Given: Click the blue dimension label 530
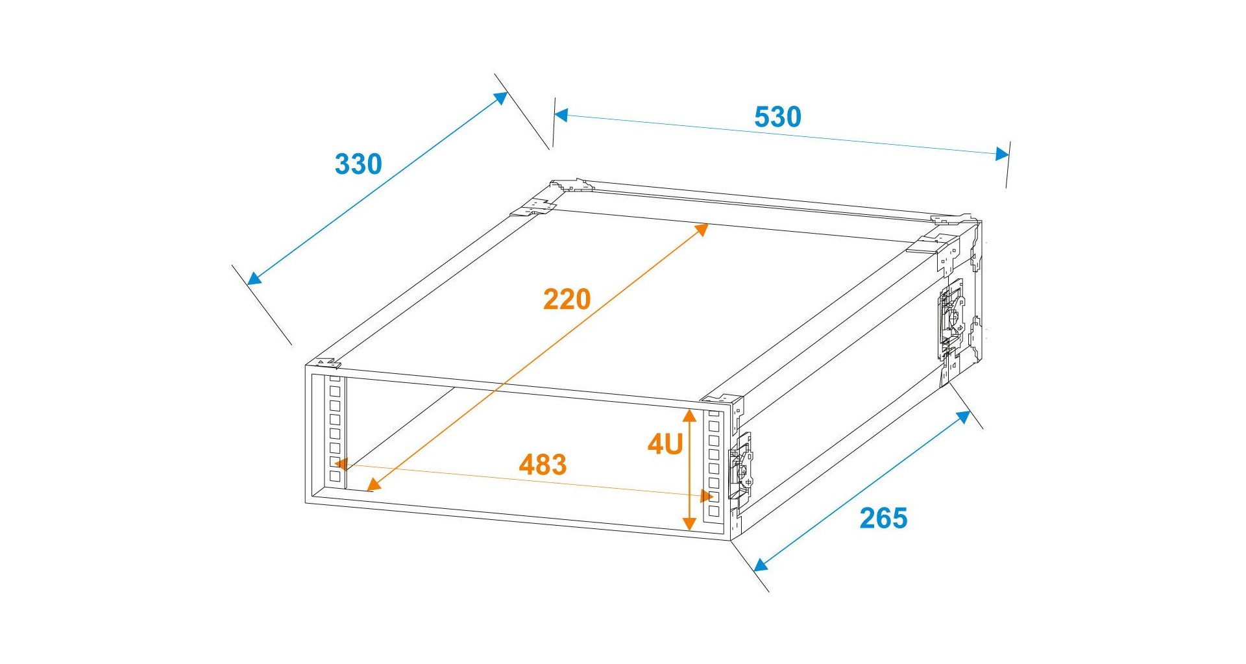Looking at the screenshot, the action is click(x=777, y=117).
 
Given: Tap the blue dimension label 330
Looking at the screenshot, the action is click(x=358, y=164).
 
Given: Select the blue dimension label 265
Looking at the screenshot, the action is click(x=883, y=518).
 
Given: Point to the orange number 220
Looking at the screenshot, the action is click(x=567, y=299).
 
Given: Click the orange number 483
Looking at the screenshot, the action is click(x=543, y=465).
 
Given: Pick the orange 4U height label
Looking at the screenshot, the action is click(x=665, y=444).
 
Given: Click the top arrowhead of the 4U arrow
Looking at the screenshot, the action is click(x=690, y=415).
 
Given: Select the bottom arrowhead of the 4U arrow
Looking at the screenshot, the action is click(x=690, y=524).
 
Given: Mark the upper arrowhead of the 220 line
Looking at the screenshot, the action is click(x=702, y=229).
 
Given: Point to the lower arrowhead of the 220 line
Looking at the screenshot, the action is click(x=373, y=484).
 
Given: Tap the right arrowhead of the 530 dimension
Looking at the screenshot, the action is click(x=1003, y=154).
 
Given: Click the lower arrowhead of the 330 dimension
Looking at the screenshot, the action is click(x=254, y=278).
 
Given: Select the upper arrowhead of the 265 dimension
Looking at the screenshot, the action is click(x=964, y=417).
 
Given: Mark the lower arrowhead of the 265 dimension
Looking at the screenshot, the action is click(x=761, y=565).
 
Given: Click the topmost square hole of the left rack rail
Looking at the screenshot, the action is click(x=335, y=391).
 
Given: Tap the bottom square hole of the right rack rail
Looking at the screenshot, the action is click(x=714, y=511).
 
